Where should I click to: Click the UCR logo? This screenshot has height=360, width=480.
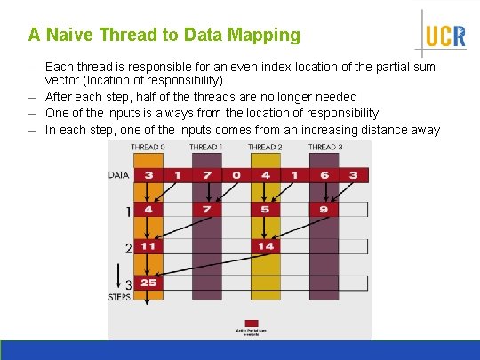click(x=444, y=36)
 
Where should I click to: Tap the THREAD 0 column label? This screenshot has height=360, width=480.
click(x=148, y=147)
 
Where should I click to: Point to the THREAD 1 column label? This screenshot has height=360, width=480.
click(x=205, y=147)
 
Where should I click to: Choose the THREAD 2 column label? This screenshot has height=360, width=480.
click(x=265, y=147)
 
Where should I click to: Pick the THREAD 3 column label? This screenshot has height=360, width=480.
click(x=324, y=147)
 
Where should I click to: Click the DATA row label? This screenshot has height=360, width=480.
click(x=118, y=175)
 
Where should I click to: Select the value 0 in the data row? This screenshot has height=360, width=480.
click(x=236, y=175)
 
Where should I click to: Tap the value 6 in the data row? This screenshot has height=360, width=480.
click(x=324, y=175)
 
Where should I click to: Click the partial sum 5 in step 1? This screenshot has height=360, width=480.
click(x=265, y=211)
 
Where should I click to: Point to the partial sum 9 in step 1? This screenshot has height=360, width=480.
click(x=324, y=211)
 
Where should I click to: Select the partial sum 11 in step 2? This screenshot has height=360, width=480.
click(x=148, y=246)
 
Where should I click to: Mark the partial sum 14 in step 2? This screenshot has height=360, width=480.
click(x=265, y=246)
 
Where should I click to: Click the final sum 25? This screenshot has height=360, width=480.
click(x=148, y=283)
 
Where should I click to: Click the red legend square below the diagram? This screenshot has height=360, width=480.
click(x=252, y=323)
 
